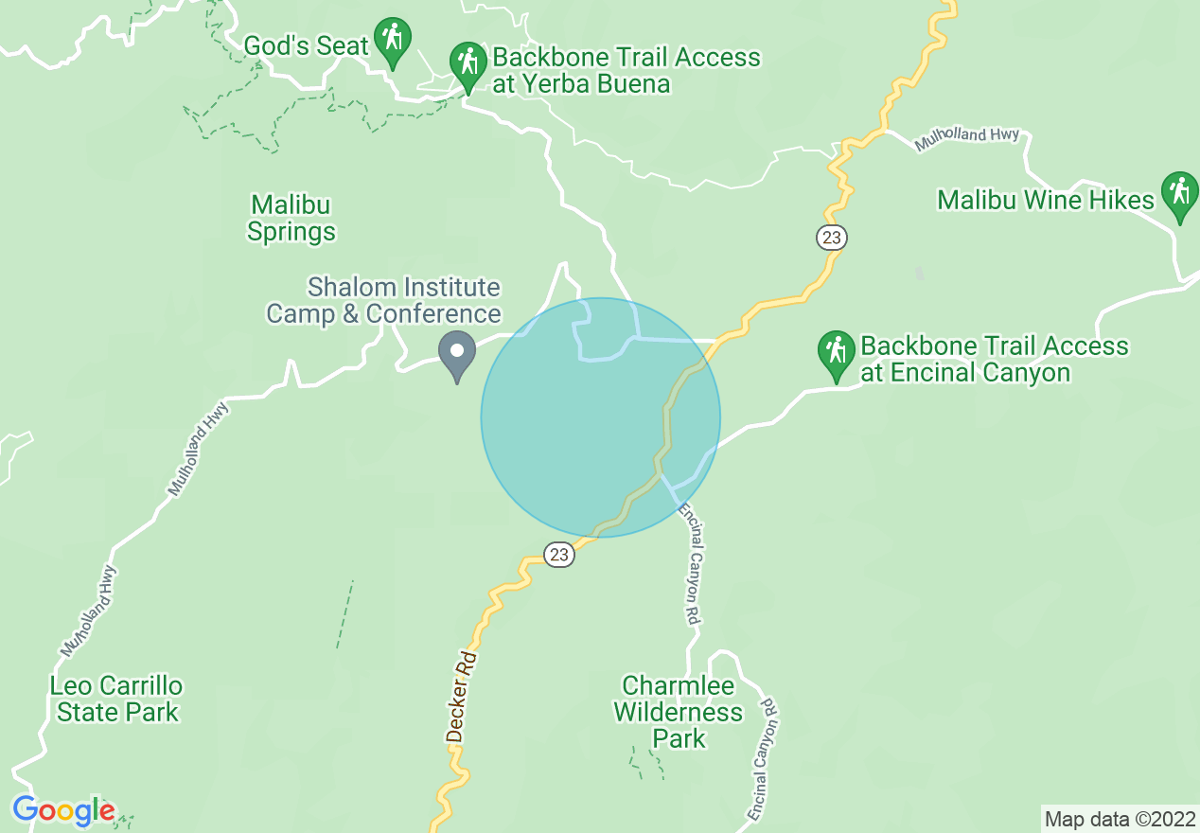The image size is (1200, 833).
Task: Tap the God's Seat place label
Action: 306,45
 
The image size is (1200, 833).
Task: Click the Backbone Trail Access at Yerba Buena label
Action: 626,70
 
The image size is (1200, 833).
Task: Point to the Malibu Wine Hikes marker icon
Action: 1179,194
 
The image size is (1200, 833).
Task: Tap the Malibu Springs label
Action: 291,218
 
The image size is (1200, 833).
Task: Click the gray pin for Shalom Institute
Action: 457,354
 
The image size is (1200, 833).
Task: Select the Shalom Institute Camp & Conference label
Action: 383,300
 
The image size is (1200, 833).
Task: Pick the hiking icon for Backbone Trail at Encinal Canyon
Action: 836,352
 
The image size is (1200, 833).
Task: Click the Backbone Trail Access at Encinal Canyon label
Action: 994,359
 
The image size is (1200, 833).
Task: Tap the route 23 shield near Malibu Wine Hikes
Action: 831,238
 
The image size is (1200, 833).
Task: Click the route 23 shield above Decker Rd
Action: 559,555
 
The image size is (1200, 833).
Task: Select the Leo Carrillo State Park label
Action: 117,699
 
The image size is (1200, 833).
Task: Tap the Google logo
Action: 63,811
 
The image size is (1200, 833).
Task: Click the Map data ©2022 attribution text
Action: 1120,819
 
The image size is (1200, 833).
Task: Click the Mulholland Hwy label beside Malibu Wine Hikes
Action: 966,139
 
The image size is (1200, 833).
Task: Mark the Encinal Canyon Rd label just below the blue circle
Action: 691,562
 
